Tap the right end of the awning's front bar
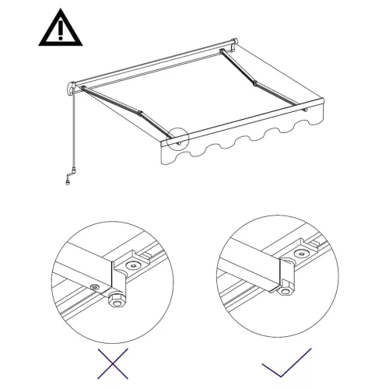click(317, 105)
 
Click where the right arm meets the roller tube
click(226, 52)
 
